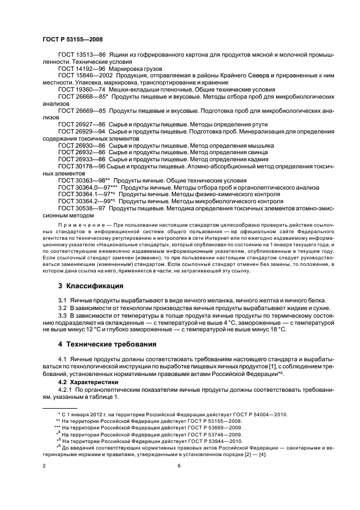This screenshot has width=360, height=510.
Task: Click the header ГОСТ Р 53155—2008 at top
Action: tap(72, 39)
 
